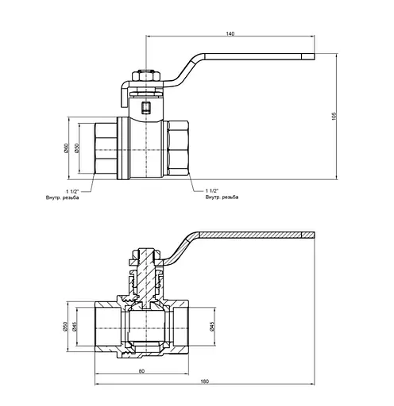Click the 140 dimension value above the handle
[x=230, y=34]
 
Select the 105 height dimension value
[x=334, y=117]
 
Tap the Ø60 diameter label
[x=66, y=148]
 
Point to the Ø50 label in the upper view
[x=77, y=148]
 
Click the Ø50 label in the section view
[x=66, y=326]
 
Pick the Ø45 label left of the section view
[x=75, y=326]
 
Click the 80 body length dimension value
[x=141, y=371]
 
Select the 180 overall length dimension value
[x=205, y=381]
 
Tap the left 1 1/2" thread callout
[x=72, y=191]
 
